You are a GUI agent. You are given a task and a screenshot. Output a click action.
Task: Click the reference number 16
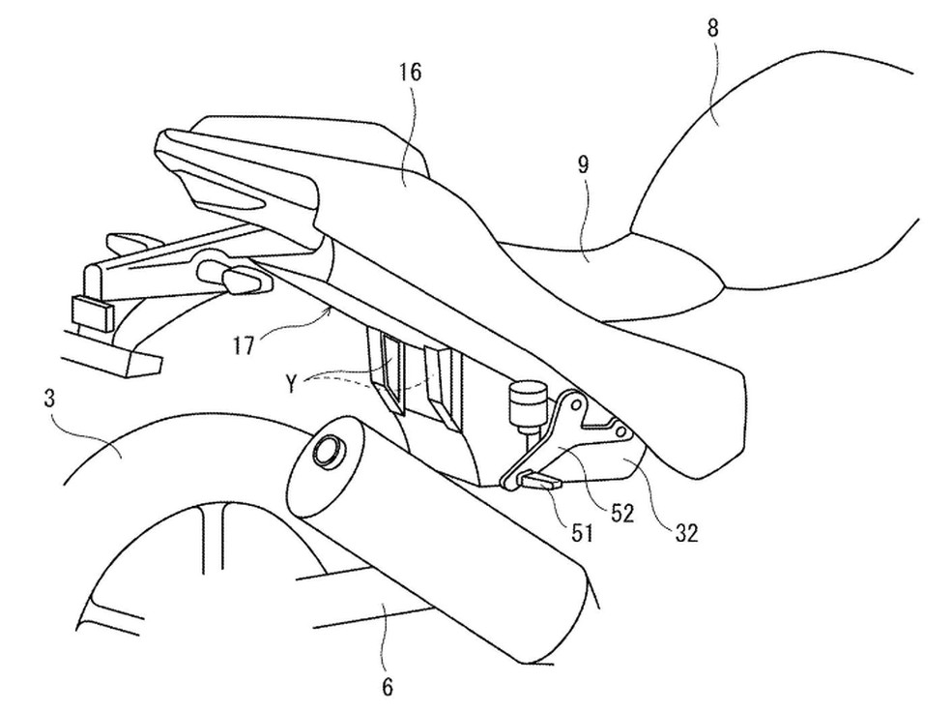point(410,73)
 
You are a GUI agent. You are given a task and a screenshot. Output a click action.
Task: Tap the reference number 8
point(713,28)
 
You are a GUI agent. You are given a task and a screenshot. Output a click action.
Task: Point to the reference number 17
point(244,347)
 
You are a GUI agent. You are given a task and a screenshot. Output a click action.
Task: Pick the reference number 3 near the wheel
point(49,399)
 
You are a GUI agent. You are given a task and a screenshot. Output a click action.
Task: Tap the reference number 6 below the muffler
point(388,687)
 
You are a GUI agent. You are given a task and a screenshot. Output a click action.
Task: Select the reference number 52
point(622,514)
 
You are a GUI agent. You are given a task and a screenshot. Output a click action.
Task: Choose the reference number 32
point(686,533)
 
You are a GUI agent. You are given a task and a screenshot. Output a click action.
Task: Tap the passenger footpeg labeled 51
point(540,481)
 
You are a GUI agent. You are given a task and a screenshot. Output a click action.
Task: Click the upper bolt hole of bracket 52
point(576,404)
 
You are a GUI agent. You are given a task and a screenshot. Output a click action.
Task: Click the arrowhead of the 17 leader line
point(330,311)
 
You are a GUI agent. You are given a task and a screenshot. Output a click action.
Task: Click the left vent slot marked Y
point(391,369)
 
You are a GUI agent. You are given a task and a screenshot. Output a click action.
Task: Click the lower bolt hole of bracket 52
point(621,431)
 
